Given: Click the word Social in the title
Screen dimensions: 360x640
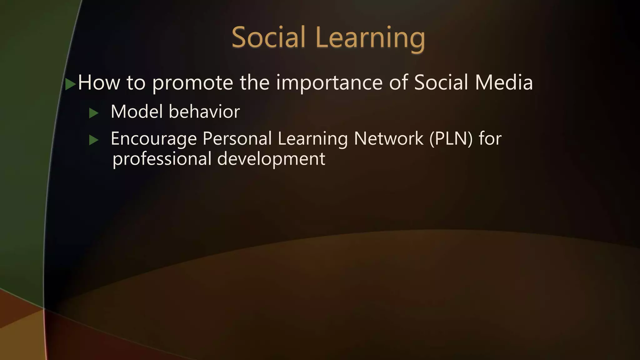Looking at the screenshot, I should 268,37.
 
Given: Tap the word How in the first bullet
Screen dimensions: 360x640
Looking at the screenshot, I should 99,82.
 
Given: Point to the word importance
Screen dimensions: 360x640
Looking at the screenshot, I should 329,83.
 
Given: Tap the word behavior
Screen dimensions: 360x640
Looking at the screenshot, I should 204,112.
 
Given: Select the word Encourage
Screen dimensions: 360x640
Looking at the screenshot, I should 153,139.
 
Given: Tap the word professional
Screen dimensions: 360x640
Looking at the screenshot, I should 162,159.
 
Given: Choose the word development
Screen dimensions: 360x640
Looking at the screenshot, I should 271,159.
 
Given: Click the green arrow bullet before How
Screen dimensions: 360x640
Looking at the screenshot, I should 70,84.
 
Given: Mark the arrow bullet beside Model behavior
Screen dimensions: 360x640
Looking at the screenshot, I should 93,113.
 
